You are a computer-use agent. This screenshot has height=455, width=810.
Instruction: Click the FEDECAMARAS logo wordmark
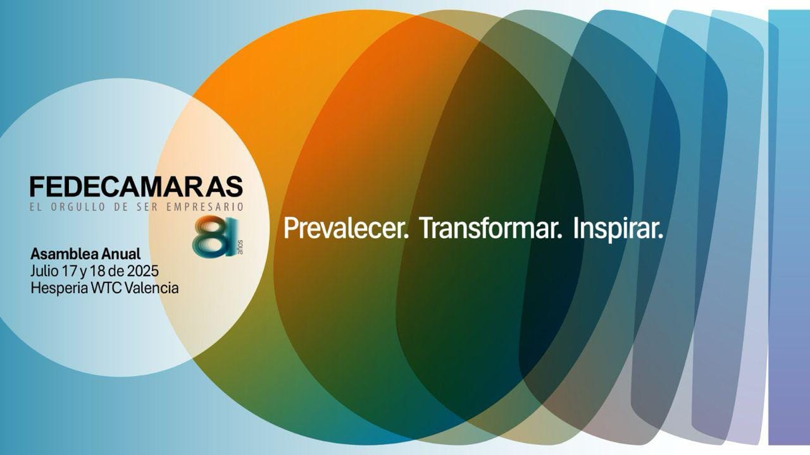[136, 186]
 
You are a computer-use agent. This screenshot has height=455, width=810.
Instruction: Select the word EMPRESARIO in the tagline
[204, 207]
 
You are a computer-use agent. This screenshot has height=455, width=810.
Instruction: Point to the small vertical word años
[241, 247]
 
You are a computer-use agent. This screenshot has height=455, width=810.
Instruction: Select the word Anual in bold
[121, 254]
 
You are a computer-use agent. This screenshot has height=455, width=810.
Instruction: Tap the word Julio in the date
[44, 271]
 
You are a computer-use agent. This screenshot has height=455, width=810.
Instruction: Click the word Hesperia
[59, 288]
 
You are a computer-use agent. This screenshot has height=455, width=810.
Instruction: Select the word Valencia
[151, 288]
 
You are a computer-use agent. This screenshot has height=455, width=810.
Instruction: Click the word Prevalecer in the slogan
[346, 228]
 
